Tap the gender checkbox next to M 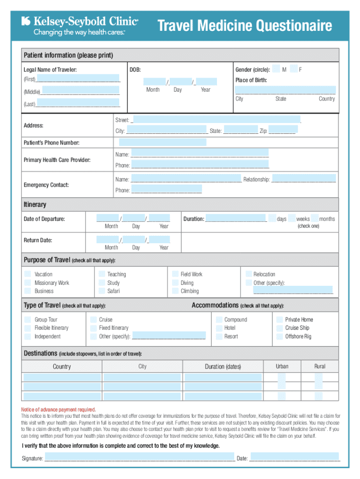tap(276, 69)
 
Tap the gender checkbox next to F tap(294, 69)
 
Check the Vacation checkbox tap(28, 274)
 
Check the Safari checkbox tap(101, 291)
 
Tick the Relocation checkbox tap(248, 274)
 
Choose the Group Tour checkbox tap(28, 319)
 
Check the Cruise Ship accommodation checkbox tap(279, 328)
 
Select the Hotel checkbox tap(218, 328)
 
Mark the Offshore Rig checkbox tap(279, 336)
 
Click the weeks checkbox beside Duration tap(292, 218)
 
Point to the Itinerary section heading tap(35, 204)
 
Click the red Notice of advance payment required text tap(59, 409)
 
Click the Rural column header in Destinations tap(320, 366)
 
